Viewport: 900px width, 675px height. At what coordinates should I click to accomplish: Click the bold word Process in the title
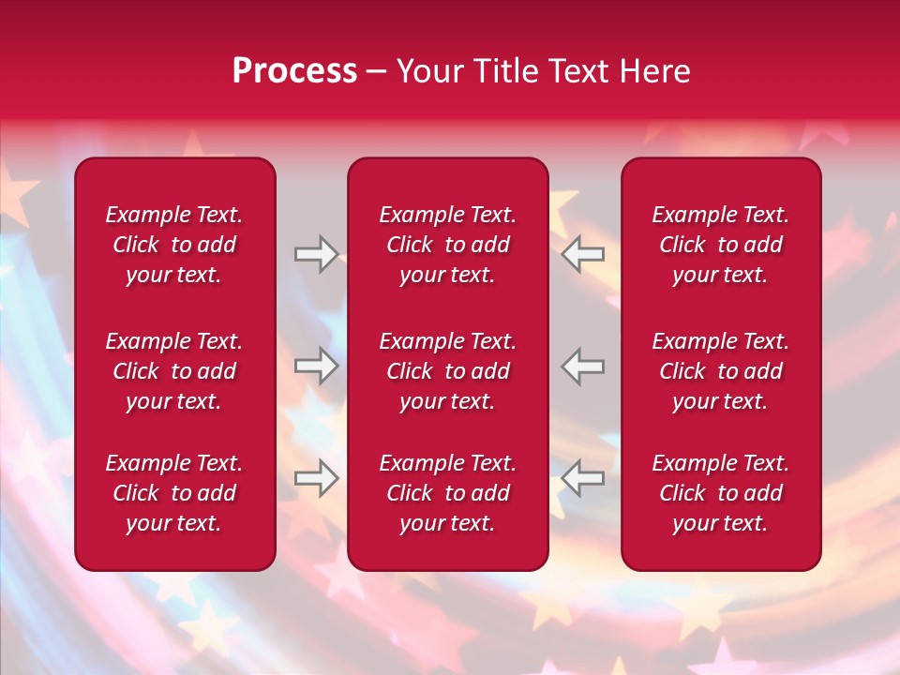click(294, 71)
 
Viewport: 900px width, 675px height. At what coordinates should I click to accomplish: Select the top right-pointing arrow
click(317, 254)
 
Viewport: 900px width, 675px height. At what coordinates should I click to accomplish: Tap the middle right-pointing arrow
click(317, 366)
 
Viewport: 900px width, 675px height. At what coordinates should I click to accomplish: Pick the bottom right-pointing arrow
click(317, 478)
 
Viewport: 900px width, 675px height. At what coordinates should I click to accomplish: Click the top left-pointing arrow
click(583, 254)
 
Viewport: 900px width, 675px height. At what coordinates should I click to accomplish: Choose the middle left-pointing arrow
click(583, 366)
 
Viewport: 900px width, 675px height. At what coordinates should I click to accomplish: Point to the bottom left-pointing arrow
click(583, 478)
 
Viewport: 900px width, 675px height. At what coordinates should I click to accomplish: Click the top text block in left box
click(174, 245)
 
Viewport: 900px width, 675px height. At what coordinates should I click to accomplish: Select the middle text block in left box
click(174, 371)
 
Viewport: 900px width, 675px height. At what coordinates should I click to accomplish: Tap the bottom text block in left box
click(174, 493)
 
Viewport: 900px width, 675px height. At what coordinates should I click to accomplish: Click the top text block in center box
click(447, 245)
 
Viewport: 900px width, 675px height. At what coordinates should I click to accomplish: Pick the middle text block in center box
click(447, 371)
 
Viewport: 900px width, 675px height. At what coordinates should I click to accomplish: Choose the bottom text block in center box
click(447, 493)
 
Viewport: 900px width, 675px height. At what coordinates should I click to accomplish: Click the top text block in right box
click(720, 245)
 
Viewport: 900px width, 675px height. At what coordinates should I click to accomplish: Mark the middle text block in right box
click(720, 371)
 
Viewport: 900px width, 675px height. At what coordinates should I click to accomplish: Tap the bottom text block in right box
click(720, 493)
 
